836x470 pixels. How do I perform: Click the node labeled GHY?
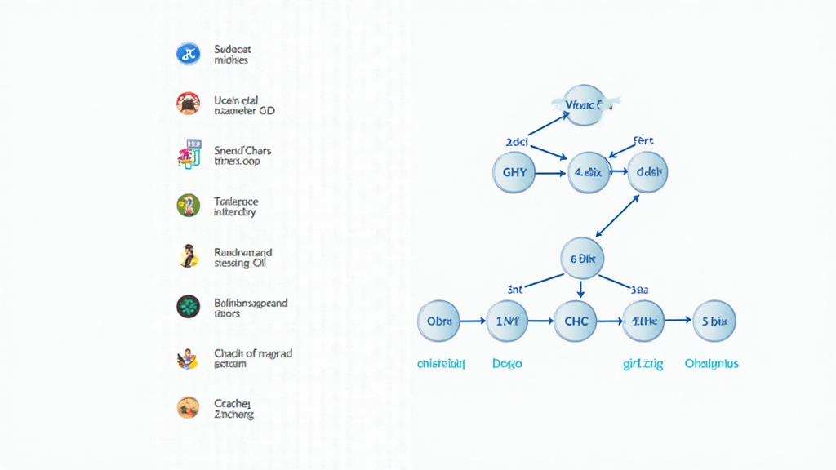pyautogui.click(x=514, y=173)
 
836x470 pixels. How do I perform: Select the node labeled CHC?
pyautogui.click(x=576, y=321)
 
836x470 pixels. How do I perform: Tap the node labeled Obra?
pyautogui.click(x=438, y=321)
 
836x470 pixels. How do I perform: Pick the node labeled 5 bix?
pyautogui.click(x=714, y=321)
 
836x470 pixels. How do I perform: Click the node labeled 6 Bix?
pyautogui.click(x=581, y=258)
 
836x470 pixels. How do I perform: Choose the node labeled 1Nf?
pyautogui.click(x=508, y=321)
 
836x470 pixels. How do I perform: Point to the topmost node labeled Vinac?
pyautogui.click(x=585, y=105)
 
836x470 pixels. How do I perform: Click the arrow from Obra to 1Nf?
pyautogui.click(x=473, y=321)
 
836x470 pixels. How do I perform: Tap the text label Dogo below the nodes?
pyautogui.click(x=507, y=364)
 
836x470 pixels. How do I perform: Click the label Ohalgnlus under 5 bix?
pyautogui.click(x=711, y=364)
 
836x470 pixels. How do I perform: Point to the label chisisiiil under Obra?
pyautogui.click(x=441, y=364)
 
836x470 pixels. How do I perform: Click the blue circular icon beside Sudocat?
pyautogui.click(x=188, y=55)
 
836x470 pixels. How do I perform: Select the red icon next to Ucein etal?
pyautogui.click(x=188, y=103)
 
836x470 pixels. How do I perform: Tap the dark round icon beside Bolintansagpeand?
pyautogui.click(x=188, y=306)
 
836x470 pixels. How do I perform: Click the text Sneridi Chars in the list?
pyautogui.click(x=242, y=151)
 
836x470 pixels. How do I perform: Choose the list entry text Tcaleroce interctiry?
pyautogui.click(x=235, y=206)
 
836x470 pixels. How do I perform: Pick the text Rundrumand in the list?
pyautogui.click(x=242, y=253)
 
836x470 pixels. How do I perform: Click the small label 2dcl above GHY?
pyautogui.click(x=518, y=142)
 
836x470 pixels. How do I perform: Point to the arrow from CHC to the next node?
pyautogui.click(x=610, y=321)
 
